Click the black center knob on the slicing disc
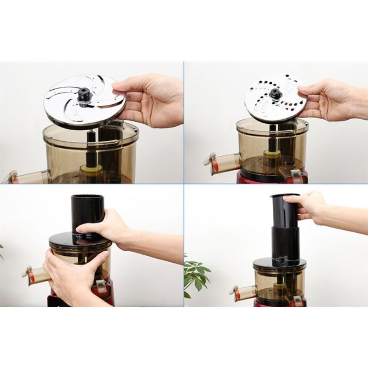(84, 94)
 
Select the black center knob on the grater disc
(275, 94)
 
